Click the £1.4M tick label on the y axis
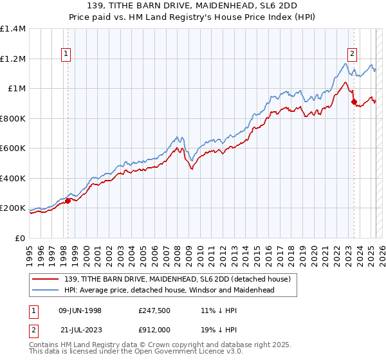(13, 29)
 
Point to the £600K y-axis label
(13, 148)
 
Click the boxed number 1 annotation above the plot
(68, 55)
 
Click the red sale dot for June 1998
(68, 201)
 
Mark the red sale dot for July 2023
(354, 102)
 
